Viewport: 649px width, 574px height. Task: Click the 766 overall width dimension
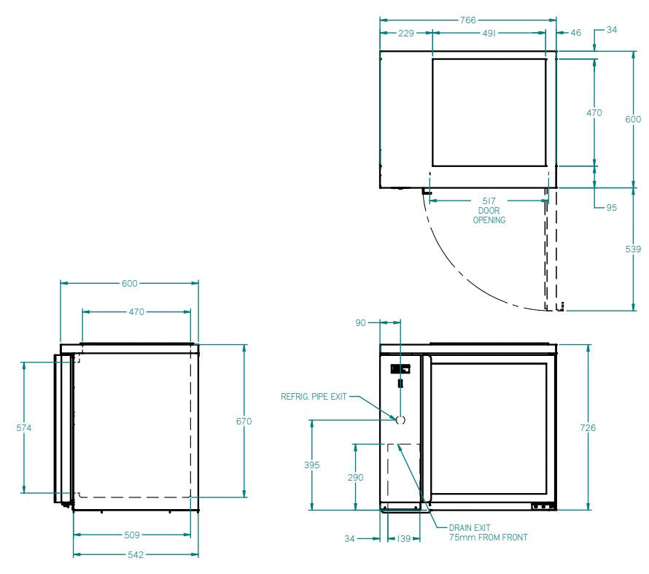coord(467,20)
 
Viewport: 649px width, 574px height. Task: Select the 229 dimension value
coord(406,33)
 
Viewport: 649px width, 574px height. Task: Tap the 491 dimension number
coord(489,33)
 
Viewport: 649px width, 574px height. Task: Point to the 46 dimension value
coord(576,33)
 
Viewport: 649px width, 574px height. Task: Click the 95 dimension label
coord(611,208)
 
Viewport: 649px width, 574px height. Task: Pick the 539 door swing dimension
coord(634,249)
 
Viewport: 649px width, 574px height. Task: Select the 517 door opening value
coord(489,201)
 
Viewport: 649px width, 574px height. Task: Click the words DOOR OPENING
coord(489,215)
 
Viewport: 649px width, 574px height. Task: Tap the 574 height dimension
coord(24,428)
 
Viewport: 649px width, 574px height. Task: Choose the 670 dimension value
coord(244,421)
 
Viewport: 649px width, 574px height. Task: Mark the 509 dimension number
coord(132,535)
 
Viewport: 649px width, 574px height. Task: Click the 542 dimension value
coord(136,555)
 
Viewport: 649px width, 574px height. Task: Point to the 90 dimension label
coord(361,322)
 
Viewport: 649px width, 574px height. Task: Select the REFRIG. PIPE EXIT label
coord(314,397)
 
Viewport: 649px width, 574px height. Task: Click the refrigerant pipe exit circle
coord(400,420)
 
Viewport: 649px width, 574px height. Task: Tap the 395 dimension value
coord(311,465)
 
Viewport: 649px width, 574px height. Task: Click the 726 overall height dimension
coord(588,427)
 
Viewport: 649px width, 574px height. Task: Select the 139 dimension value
coord(403,539)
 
